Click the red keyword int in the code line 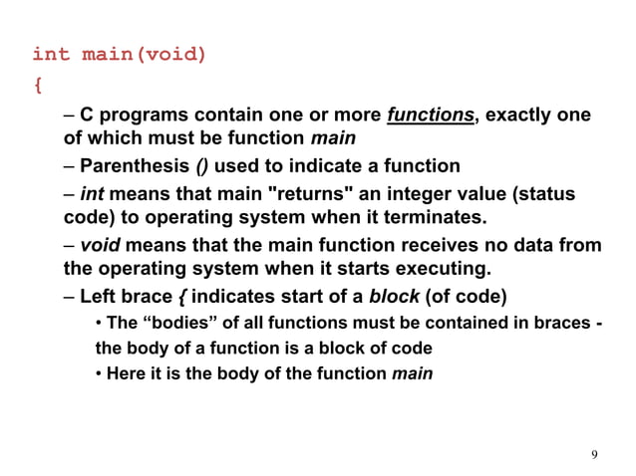pos(52,54)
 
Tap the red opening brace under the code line pos(38,86)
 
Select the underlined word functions pos(431,116)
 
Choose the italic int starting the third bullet pos(92,194)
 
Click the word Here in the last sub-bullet pos(124,373)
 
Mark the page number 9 pos(594,455)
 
